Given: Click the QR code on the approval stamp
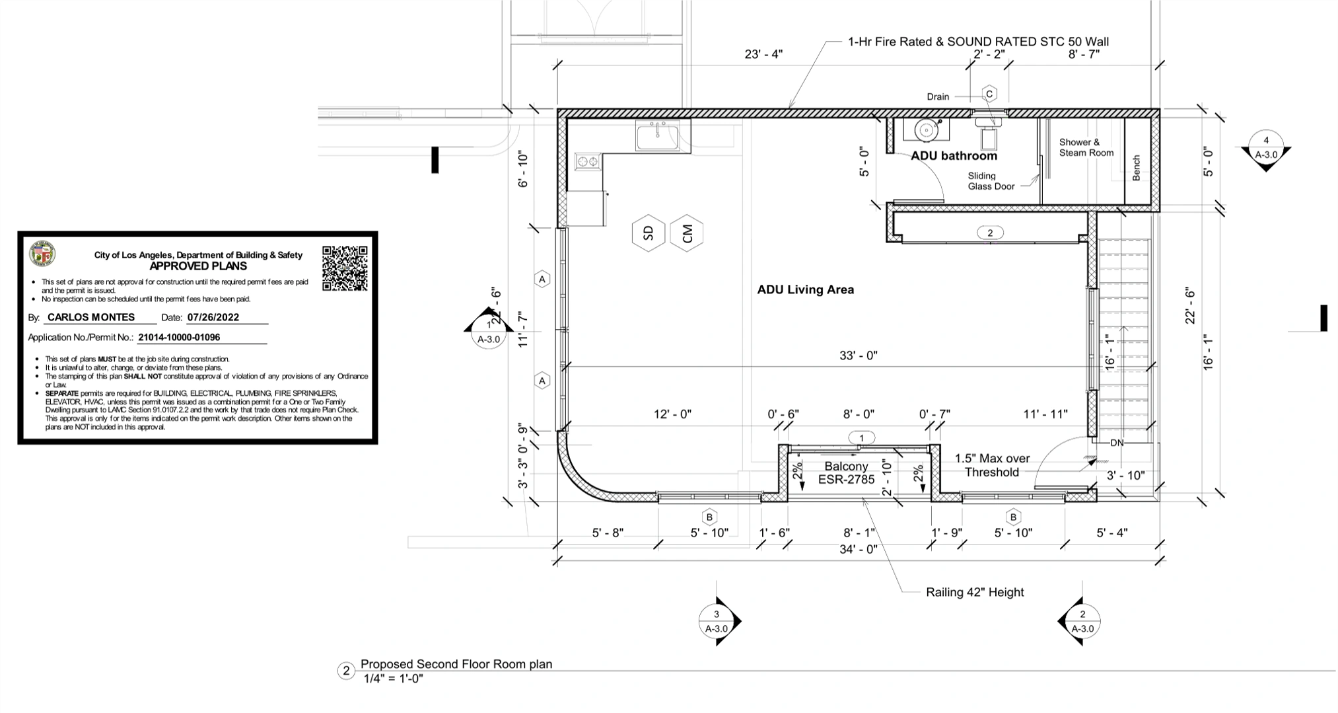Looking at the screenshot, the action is pos(345,268).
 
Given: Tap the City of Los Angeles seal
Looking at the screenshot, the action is pos(42,254).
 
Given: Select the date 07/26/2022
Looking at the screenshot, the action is pos(213,317).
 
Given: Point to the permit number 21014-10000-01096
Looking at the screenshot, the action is pos(179,337).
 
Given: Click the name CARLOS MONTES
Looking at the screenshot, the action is pos(91,317).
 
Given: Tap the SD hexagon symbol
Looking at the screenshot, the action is pos(648,233).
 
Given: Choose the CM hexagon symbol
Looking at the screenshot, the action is pos(686,233).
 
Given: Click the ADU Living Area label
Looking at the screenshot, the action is pos(805,289).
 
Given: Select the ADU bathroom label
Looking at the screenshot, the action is pos(954,156).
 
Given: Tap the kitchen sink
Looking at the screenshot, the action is pos(657,137).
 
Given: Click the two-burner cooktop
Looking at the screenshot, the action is pos(588,161).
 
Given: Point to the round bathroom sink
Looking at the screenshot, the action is pos(927,130).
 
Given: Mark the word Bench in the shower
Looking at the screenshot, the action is pos(1136,168).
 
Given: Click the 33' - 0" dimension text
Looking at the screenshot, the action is pos(858,356).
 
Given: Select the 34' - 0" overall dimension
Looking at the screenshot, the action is pos(858,549).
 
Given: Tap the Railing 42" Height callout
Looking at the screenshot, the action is pos(974,592).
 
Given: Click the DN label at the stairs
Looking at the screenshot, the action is pos(1116,443).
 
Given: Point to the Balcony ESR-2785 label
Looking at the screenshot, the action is pos(846,473).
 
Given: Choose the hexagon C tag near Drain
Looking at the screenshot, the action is pos(989,94).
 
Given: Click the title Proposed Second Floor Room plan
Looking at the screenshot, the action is pos(456,664).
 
